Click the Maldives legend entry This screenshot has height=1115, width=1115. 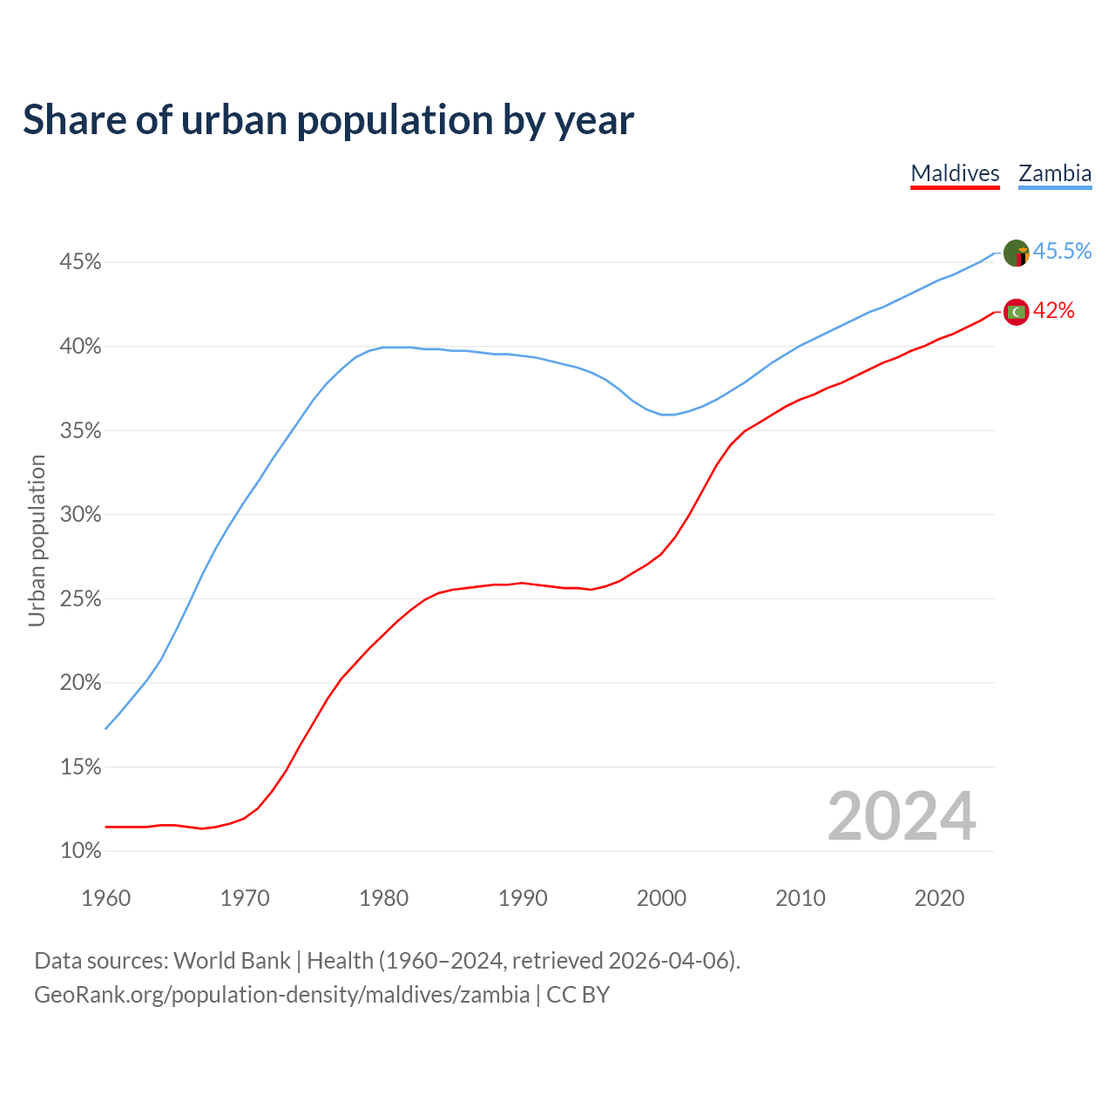[x=955, y=173]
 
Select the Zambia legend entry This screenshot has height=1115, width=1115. [x=1055, y=173]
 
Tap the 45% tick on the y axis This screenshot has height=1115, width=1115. [x=81, y=262]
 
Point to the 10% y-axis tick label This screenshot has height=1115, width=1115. [x=81, y=851]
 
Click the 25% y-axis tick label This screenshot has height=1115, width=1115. [x=81, y=599]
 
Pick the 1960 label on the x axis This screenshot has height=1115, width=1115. [x=105, y=898]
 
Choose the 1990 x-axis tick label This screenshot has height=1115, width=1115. [x=523, y=898]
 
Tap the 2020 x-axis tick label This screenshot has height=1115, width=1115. [x=939, y=898]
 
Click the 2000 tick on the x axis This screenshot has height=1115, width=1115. [x=661, y=898]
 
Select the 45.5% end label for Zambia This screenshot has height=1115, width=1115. [x=1062, y=252]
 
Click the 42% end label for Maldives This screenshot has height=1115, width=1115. [x=1054, y=311]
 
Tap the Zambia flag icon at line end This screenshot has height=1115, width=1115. [x=1016, y=253]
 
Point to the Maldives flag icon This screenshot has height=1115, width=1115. [x=1016, y=311]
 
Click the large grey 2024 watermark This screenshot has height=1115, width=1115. [x=902, y=817]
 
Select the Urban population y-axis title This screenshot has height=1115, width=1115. [x=37, y=540]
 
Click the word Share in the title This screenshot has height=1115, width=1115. [x=73, y=120]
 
